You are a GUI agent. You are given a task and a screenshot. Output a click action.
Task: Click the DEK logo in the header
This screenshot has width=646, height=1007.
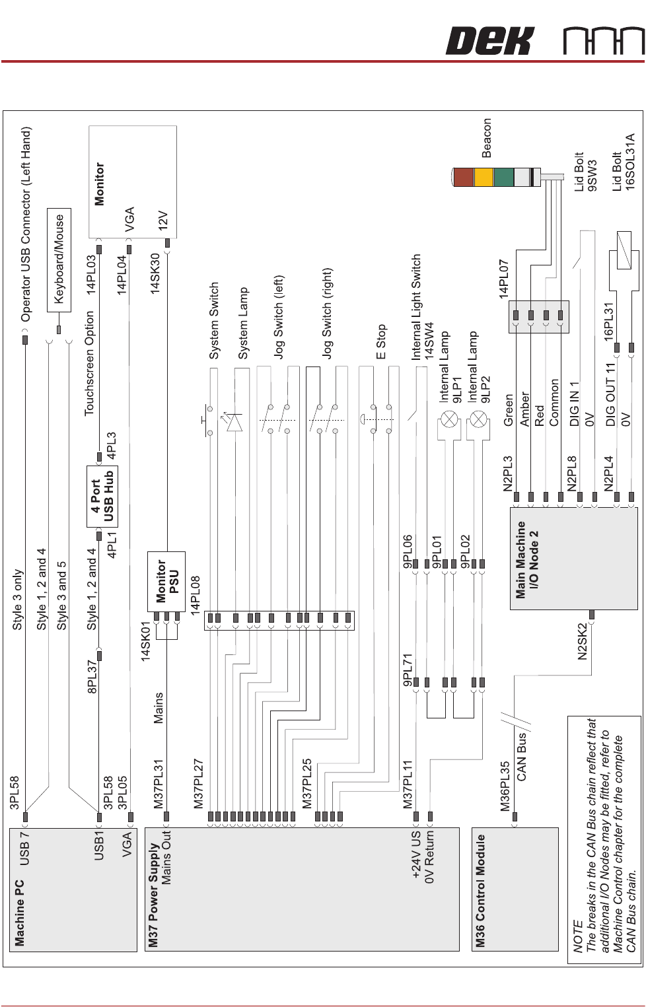point(489,41)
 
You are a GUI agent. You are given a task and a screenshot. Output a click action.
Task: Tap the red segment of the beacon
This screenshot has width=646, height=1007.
point(464,177)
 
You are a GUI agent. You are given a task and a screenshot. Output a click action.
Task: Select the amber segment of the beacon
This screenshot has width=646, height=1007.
point(484,177)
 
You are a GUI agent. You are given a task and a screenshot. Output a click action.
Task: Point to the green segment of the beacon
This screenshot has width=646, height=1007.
point(503,177)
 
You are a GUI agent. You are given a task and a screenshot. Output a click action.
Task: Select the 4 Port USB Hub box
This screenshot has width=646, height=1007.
point(102,496)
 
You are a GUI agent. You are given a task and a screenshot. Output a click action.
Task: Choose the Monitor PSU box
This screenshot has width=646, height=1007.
point(166,581)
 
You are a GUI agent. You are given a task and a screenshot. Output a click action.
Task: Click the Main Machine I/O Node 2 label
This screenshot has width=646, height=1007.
point(527,560)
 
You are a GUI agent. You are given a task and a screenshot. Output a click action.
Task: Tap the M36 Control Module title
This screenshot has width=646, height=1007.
point(481,890)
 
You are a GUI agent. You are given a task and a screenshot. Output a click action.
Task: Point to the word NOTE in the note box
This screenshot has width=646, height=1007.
point(579,938)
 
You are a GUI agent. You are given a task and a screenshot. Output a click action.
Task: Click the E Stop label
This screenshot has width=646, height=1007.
point(381,341)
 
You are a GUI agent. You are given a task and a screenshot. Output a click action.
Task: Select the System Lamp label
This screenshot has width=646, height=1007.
point(243,323)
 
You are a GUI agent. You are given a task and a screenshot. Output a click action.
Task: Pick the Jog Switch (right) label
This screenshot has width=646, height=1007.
point(328,313)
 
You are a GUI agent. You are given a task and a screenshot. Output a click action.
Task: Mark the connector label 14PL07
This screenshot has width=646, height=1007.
point(504,279)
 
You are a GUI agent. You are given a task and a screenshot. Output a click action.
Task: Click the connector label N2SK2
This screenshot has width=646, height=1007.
point(582,641)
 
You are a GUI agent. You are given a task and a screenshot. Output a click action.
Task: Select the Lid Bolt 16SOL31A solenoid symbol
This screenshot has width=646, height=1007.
point(624,250)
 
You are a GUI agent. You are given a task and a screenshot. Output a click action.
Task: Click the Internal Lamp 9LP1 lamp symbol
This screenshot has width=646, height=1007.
point(449,419)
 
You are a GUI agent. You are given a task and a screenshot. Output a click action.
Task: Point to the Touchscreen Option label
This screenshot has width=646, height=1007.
point(90,363)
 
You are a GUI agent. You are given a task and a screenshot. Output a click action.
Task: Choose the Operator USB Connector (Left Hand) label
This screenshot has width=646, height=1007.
point(26,225)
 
